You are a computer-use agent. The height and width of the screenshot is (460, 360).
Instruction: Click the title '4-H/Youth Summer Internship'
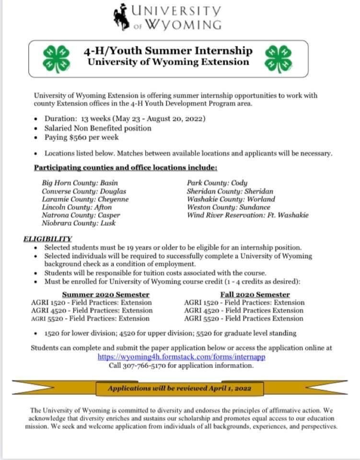[x=168, y=50]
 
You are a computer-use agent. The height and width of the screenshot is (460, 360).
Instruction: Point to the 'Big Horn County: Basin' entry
[x=80, y=183]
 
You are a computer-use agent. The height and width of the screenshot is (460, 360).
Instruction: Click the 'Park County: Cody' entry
[x=217, y=183]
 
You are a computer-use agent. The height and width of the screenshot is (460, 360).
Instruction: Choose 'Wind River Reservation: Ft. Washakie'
[x=248, y=215]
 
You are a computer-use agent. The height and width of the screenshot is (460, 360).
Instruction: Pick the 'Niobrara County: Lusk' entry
[x=79, y=223]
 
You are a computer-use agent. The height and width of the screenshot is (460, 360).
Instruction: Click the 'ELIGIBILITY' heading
[x=47, y=239]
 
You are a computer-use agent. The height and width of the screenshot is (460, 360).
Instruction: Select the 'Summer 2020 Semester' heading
[x=106, y=294]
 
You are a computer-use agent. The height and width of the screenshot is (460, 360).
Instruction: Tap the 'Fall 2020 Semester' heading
[x=255, y=294]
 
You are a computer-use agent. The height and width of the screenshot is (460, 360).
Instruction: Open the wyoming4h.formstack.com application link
[x=182, y=357]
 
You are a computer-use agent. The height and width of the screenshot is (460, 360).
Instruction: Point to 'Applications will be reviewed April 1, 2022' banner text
[x=179, y=388]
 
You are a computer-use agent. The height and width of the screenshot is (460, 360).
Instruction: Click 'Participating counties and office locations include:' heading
[x=126, y=168]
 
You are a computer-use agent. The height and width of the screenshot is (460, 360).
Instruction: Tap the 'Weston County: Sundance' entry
[x=229, y=207]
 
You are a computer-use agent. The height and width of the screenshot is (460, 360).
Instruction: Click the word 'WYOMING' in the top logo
[x=184, y=24]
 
